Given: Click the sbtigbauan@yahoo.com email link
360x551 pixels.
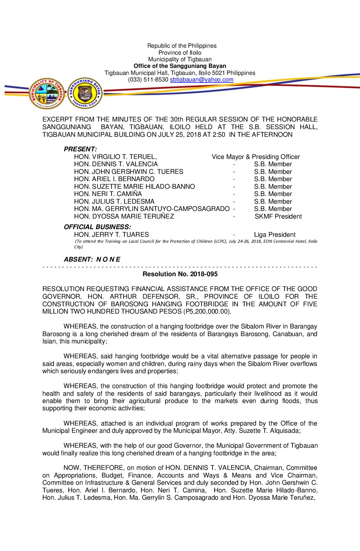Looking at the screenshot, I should (202, 80).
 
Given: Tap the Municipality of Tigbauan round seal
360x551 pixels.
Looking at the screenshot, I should (47, 94).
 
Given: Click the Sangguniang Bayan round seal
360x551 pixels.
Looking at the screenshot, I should (85, 93).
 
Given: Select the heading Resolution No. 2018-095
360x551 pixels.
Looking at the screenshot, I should (180, 274).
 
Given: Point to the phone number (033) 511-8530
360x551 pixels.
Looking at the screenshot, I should (148, 80).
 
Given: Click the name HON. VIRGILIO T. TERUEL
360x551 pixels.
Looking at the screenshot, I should (115, 157).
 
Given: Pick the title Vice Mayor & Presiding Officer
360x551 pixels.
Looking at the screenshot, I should (256, 157).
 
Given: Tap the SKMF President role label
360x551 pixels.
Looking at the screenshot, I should (278, 217).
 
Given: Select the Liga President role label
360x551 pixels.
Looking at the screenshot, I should (275, 235).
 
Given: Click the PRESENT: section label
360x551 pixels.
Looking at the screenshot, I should (80, 149).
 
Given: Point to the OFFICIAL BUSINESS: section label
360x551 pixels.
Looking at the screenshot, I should (97, 227).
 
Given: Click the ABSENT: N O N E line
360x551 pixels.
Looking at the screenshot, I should (92, 260).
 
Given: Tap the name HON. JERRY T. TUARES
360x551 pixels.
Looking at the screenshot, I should (112, 235).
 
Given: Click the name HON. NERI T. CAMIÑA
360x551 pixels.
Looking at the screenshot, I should (108, 194).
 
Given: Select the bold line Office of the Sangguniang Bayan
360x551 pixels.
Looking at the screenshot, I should (180, 66).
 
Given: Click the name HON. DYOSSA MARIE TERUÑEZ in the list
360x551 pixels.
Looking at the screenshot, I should (124, 217).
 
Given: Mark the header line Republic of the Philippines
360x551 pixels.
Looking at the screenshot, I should (182, 46).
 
